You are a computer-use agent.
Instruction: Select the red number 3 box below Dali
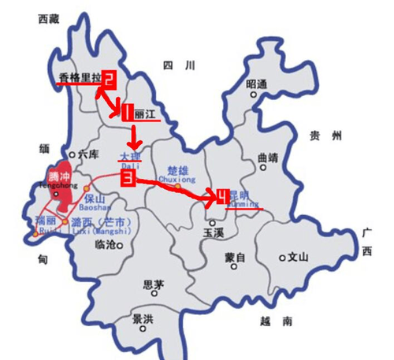pos(126,179)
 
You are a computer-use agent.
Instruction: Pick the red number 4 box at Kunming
pos(223,195)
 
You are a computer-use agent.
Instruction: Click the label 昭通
pos(257,83)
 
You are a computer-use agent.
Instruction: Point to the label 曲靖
pos(269,157)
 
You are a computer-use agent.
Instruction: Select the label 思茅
pos(152,286)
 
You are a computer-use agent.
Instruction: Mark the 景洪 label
pos(143,320)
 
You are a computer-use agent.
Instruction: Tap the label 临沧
pos(105,245)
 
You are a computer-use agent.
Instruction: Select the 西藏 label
pos(49,18)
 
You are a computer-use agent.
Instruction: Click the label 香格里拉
pos(80,77)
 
